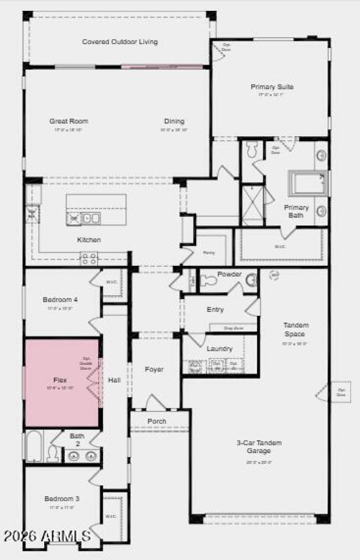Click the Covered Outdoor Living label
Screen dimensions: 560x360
[x=120, y=42]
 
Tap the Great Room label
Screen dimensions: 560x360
[x=68, y=121]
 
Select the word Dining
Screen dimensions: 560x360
[x=174, y=121]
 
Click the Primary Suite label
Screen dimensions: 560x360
[x=272, y=87]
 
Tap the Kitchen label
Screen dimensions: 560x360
[x=89, y=240]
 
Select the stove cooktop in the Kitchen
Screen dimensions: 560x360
[x=89, y=258]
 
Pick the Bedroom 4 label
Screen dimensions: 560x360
[x=60, y=300]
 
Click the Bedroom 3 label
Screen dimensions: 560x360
[x=62, y=499]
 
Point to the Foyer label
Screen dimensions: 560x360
[x=154, y=369]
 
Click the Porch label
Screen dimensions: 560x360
[x=157, y=421]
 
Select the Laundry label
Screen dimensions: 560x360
[x=219, y=349]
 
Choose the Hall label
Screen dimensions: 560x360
[x=114, y=380]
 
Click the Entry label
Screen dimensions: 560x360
[x=215, y=309]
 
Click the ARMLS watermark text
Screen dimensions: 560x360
[x=47, y=536]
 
